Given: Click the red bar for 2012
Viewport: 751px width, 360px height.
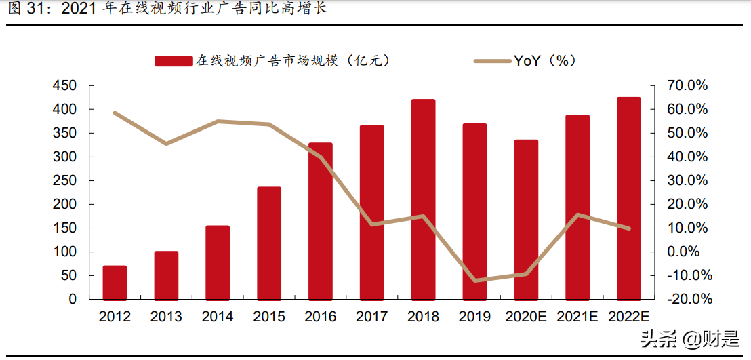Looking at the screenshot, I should click(x=115, y=282).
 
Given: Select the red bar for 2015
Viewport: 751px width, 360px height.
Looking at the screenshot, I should click(x=269, y=243).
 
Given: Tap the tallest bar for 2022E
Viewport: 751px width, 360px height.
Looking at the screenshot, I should click(x=628, y=198).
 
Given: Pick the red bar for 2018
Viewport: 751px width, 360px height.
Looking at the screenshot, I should click(x=423, y=199).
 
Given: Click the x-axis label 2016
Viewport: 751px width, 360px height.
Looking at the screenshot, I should click(x=321, y=317).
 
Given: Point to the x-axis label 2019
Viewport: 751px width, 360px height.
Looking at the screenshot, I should click(x=474, y=317).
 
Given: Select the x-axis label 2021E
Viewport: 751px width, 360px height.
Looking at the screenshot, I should click(x=577, y=317).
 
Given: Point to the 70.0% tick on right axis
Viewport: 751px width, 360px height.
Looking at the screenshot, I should click(x=689, y=86).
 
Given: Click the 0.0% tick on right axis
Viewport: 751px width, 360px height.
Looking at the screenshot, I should click(x=690, y=252).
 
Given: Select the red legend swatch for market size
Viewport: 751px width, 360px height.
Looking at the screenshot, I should click(x=174, y=61).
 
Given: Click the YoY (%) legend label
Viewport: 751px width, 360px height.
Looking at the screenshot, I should click(x=544, y=60).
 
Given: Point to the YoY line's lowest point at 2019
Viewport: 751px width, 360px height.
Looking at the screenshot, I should click(x=474, y=280).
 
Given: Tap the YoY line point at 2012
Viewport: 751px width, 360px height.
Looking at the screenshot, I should click(x=115, y=113).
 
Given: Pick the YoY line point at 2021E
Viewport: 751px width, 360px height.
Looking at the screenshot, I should click(x=577, y=215).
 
